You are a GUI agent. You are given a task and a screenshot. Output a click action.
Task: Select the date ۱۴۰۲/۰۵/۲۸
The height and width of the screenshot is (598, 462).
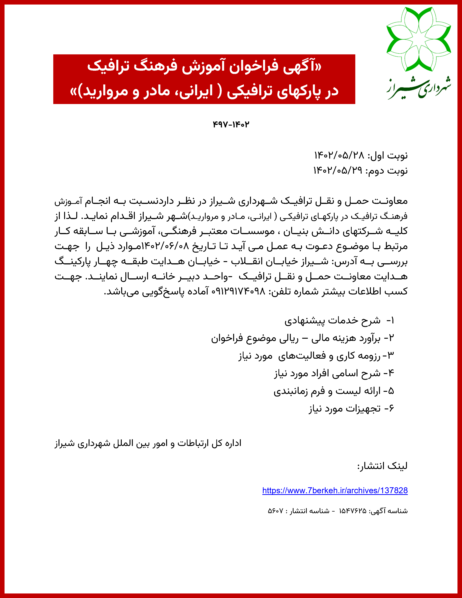pyautogui.click(x=339, y=155)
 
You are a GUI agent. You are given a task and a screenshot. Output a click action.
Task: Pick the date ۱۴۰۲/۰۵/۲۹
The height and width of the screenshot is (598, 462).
pyautogui.click(x=338, y=171)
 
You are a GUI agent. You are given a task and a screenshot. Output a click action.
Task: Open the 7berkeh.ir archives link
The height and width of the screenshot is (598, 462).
pyautogui.click(x=335, y=490)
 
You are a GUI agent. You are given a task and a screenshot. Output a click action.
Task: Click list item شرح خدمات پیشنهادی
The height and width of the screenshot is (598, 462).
pyautogui.click(x=332, y=320)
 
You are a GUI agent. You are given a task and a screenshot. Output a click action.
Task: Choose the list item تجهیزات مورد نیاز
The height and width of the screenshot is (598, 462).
pyautogui.click(x=345, y=408)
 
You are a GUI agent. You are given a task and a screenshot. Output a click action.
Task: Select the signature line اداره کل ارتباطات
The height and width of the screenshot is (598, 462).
pyautogui.click(x=148, y=443)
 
